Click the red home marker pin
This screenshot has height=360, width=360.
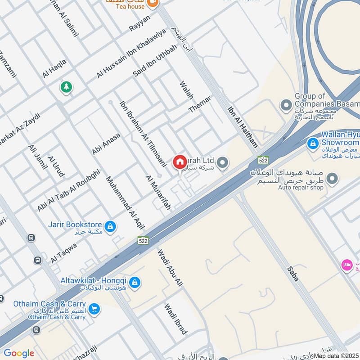click(x=180, y=162)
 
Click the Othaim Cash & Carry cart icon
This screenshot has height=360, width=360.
click(x=94, y=308)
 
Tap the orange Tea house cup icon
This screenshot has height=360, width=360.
click(x=153, y=3)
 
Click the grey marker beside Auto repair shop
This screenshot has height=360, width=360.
click(x=333, y=179)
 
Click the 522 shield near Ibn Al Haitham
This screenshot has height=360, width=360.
click(x=263, y=160)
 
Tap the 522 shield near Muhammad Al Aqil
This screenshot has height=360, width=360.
click(x=143, y=240)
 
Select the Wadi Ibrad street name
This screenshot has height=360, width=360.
click(x=175, y=319)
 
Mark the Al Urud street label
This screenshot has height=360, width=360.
click(x=56, y=166)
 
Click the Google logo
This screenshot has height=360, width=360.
click(x=19, y=353)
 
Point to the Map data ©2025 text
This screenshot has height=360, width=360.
click(x=336, y=355)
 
